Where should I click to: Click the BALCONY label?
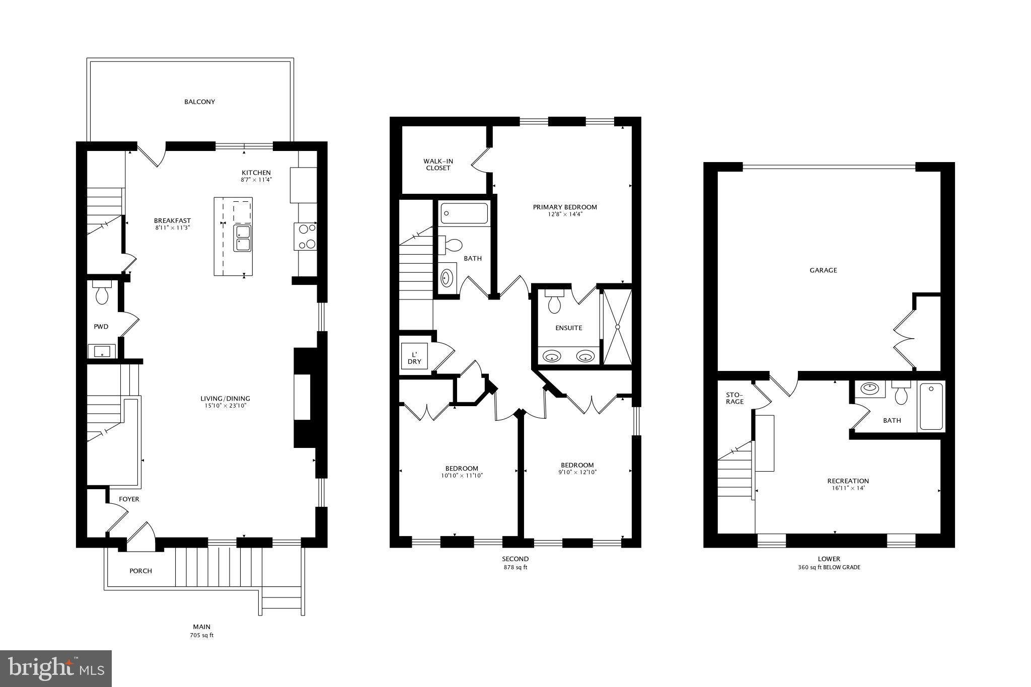pos(199,102)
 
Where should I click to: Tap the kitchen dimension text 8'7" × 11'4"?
pos(256,180)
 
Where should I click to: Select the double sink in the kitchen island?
pos(242,238)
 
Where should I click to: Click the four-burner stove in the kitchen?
pos(306,237)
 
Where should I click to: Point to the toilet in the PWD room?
pos(102,294)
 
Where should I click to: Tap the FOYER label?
pos(129,499)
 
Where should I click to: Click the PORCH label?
pos(140,571)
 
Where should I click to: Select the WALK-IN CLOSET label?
pos(438,165)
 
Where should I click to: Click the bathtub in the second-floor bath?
pos(464,213)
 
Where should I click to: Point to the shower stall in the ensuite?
pos(617,326)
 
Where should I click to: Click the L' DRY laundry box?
pos(414,358)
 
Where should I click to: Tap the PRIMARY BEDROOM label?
pos(565,207)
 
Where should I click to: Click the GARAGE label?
pos(823,270)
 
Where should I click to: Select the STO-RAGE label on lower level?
pos(734,398)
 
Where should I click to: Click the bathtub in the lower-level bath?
pos(931,407)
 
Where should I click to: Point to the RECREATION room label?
pos(848,481)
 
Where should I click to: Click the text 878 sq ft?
pos(515,567)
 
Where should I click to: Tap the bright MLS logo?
pos(56,669)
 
